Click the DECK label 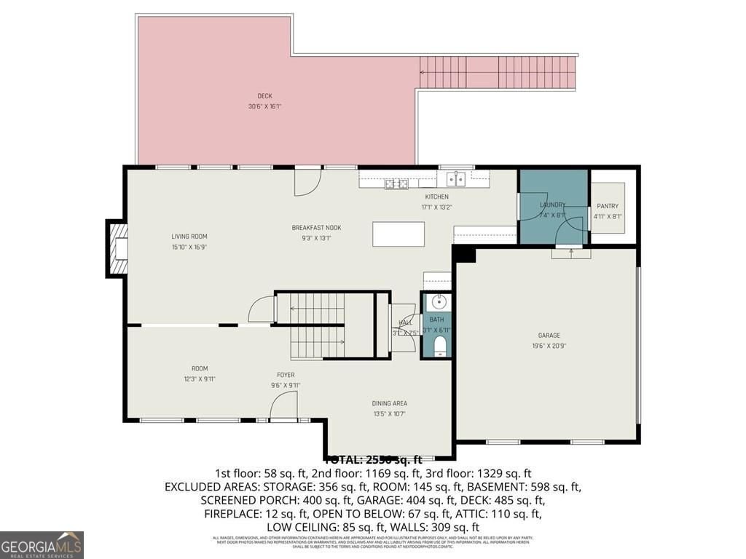point(264,96)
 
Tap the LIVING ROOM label point(189,237)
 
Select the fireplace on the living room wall point(117,249)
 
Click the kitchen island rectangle point(398,234)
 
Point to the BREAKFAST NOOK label point(316,228)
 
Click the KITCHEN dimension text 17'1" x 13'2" point(437,207)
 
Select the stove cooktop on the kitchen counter point(397,183)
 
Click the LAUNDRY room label point(552,205)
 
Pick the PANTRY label point(607,206)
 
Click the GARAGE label point(549,336)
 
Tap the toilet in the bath point(439,344)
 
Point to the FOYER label point(286,376)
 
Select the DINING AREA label point(390,403)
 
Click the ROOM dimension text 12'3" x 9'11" point(200,378)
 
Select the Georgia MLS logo point(42,544)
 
